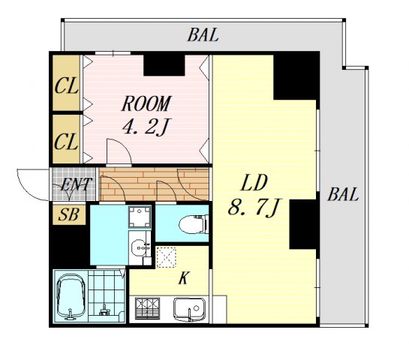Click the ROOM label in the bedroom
[x=146, y=103]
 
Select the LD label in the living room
[x=254, y=182]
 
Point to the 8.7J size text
[x=254, y=207]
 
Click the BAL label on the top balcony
[x=203, y=35]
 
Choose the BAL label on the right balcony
[x=343, y=194]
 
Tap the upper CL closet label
[x=66, y=86]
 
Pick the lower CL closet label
[x=66, y=142]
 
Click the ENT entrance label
[x=76, y=184]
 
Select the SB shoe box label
[x=69, y=214]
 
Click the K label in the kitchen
[x=183, y=278]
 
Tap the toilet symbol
[x=194, y=224]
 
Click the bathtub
[x=71, y=297]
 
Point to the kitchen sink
[x=190, y=309]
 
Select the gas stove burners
[x=147, y=308]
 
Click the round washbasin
[x=140, y=247]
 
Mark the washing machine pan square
[x=140, y=217]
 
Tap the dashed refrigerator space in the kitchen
[x=166, y=257]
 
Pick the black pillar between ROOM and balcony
[x=164, y=65]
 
